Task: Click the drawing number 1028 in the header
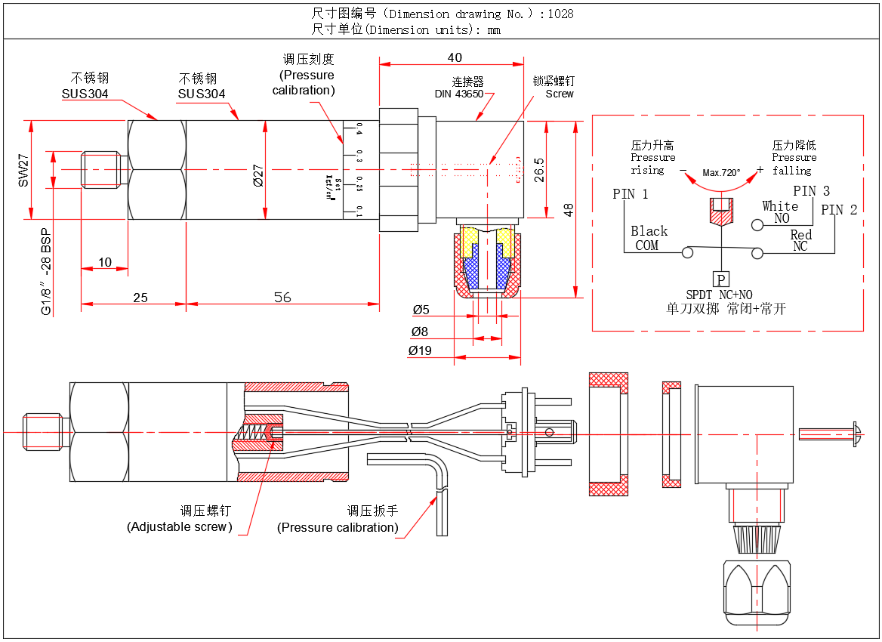[560, 14]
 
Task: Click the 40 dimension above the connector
[455, 57]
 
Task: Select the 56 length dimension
[282, 298]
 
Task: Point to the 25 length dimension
[140, 298]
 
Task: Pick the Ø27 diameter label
[258, 175]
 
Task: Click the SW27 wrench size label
[23, 171]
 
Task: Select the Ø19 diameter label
[420, 350]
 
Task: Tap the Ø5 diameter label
[421, 310]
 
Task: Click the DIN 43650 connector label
[459, 94]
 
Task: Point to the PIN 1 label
[631, 194]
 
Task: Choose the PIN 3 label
[811, 191]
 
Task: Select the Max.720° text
[721, 172]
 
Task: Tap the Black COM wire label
[649, 238]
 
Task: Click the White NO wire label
[780, 212]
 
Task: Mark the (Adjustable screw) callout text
[180, 526]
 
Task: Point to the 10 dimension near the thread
[105, 262]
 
